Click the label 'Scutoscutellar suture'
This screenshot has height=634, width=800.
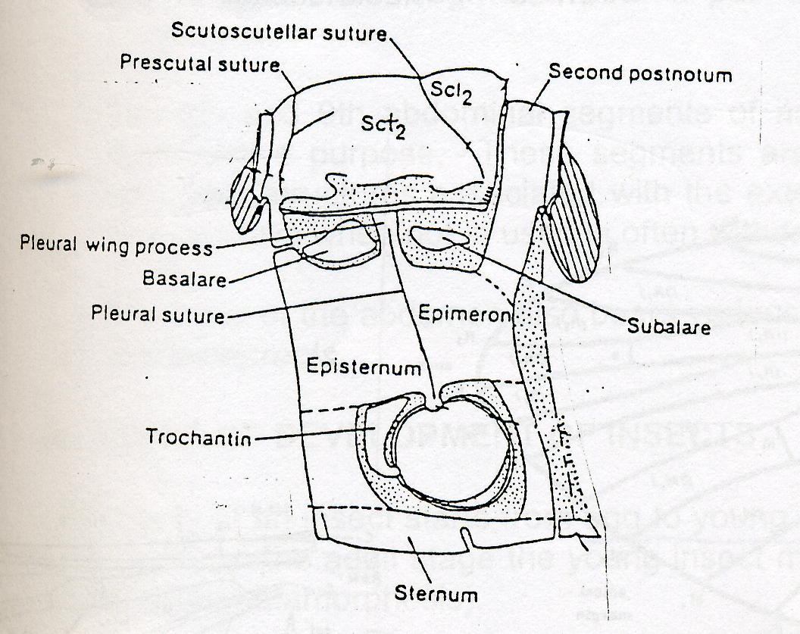[x=280, y=32]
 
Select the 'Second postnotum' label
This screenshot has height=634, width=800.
[x=640, y=73]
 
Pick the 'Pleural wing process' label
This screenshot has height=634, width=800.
[x=115, y=245]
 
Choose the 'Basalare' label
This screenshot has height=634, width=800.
[x=185, y=279]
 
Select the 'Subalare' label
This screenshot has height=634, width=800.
[x=667, y=327]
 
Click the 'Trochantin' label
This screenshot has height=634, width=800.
[x=199, y=438]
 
